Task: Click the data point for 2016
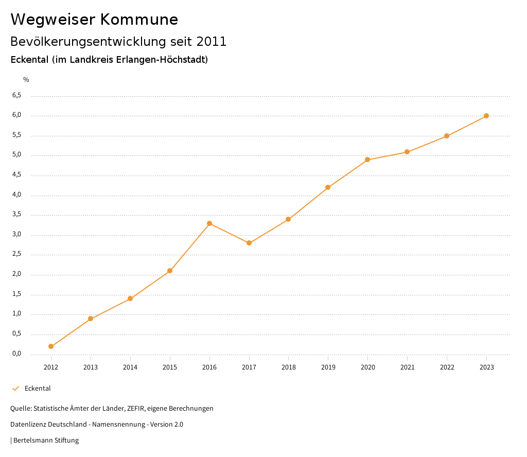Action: (x=209, y=223)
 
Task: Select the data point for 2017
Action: (x=249, y=243)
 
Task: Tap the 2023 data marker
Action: (x=486, y=116)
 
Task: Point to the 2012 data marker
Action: (x=51, y=346)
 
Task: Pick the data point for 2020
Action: (x=367, y=160)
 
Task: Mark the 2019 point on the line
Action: (x=328, y=187)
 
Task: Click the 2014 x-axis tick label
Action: (x=130, y=367)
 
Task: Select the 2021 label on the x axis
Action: (x=407, y=367)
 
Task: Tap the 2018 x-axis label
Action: (x=288, y=367)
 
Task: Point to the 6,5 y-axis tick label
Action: (x=17, y=95)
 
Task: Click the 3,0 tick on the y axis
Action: (x=17, y=234)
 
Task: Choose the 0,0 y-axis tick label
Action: (x=17, y=354)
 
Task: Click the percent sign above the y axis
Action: (x=26, y=79)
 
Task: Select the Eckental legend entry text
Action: (x=38, y=389)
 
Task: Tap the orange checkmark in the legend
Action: (x=15, y=389)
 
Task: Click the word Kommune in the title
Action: (x=139, y=20)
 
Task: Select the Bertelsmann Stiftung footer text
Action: (x=46, y=441)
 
